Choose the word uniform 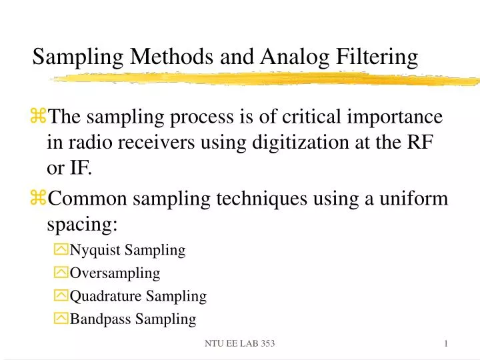(x=417, y=198)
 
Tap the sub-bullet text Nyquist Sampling (x=127, y=250)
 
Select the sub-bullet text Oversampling (x=115, y=273)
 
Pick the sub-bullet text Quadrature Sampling (x=138, y=295)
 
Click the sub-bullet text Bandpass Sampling (x=133, y=319)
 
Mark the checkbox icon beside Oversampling (x=61, y=273)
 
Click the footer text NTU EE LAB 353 (x=239, y=343)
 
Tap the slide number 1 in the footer (x=445, y=343)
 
